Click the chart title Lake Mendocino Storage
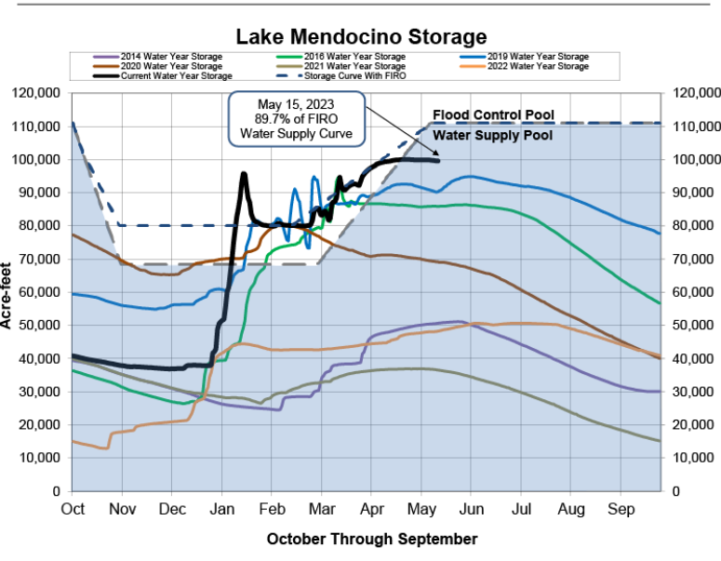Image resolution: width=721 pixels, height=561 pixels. [361, 36]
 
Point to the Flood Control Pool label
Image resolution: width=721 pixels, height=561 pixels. [493, 115]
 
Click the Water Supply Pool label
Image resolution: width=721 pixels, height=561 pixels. [492, 135]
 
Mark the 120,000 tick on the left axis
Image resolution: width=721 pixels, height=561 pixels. [36, 93]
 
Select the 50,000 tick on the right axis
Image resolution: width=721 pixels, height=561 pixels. [689, 325]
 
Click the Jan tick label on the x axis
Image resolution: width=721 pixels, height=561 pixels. [221, 509]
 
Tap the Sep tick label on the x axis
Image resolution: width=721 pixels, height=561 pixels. [621, 509]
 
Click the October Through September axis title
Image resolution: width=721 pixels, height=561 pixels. [372, 539]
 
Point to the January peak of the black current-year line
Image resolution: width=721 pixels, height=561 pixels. [244, 174]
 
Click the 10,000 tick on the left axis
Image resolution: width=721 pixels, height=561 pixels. [39, 458]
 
